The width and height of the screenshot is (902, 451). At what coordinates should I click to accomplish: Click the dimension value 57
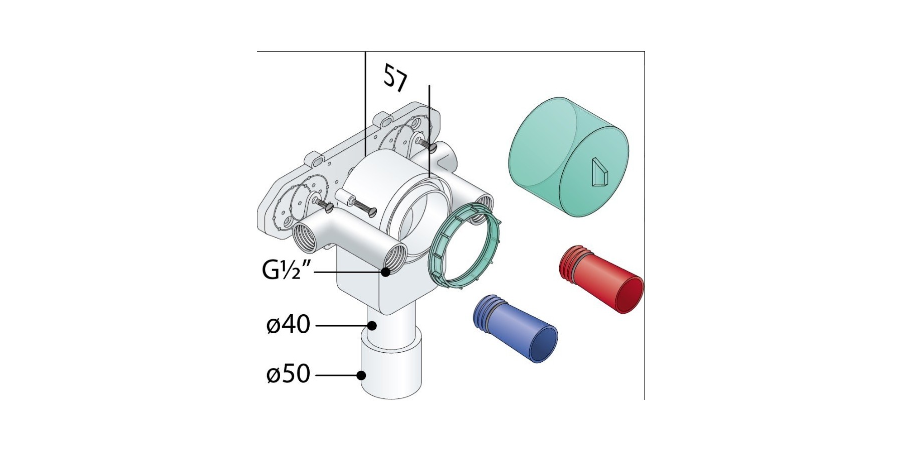395,78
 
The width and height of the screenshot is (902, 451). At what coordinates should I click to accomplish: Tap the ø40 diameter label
289,325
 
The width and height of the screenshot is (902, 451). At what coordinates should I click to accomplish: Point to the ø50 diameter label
289,374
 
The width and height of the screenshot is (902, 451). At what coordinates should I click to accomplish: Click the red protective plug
601,279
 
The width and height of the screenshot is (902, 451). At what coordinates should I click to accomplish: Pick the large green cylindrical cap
569,157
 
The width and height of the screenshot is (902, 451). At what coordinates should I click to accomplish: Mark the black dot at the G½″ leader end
385,272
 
